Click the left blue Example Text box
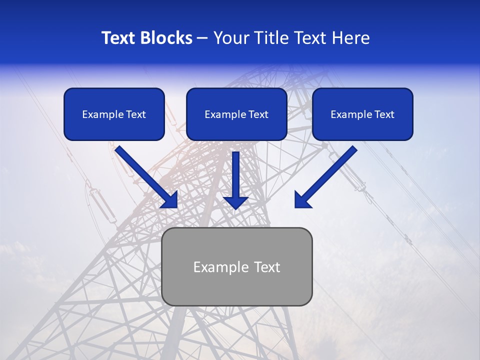click(114, 114)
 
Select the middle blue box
click(236, 114)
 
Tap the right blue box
click(362, 114)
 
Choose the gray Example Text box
click(237, 266)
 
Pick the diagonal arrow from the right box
click(326, 176)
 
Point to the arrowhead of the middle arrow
click(236, 202)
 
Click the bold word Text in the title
click(117, 38)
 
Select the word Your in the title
click(230, 38)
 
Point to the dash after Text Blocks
click(202, 38)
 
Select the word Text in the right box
click(384, 114)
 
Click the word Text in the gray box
click(267, 267)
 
